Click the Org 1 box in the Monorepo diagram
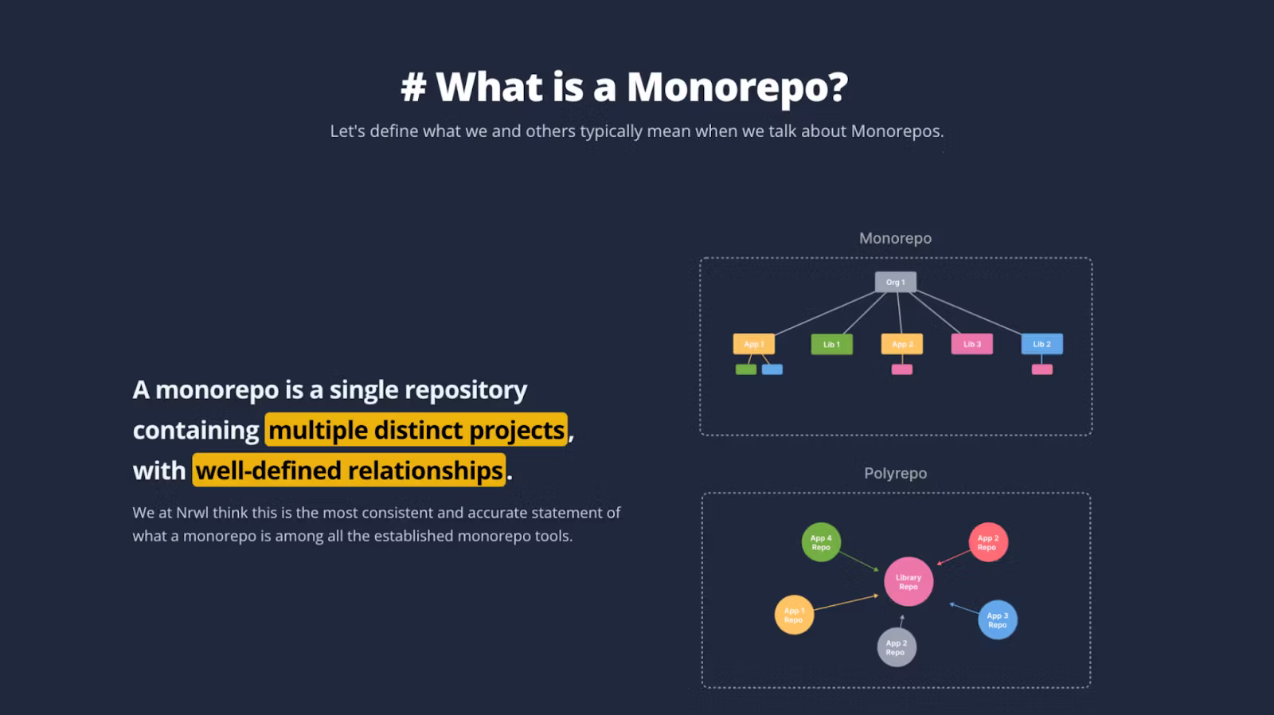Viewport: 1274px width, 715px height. [896, 282]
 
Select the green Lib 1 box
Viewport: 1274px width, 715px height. [831, 344]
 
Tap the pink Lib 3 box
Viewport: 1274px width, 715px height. [971, 344]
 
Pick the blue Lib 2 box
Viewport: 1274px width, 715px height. [1041, 344]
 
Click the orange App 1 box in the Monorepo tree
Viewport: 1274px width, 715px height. [753, 344]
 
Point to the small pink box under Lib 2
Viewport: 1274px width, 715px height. [1041, 369]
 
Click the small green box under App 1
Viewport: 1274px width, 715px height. [746, 369]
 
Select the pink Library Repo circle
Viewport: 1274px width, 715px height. [909, 582]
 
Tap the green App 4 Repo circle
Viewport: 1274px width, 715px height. [821, 542]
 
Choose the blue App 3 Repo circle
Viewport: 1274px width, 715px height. [998, 620]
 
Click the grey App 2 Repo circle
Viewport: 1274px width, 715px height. [897, 647]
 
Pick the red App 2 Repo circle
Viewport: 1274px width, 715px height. [988, 542]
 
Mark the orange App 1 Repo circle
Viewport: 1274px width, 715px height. [794, 615]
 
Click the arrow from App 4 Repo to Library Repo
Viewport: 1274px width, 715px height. [859, 561]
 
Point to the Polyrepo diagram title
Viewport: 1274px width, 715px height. [895, 473]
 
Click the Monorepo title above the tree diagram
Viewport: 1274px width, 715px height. [895, 238]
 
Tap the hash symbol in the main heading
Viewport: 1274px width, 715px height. [413, 87]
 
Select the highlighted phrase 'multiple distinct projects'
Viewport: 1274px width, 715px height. [416, 430]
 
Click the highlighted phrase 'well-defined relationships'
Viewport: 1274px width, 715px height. [349, 471]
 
